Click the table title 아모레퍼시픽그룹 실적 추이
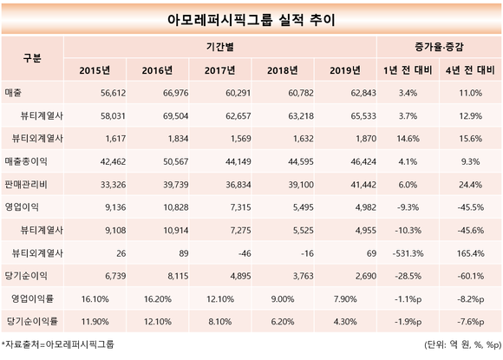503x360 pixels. click(251, 20)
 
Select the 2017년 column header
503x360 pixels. click(219, 70)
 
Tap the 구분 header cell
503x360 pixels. click(32, 58)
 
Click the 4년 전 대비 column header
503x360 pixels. click(470, 70)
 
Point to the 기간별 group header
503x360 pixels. click(219, 47)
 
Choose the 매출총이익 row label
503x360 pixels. click(26, 161)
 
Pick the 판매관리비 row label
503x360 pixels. click(26, 185)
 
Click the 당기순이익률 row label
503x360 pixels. click(32, 321)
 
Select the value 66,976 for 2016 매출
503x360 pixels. click(175, 93)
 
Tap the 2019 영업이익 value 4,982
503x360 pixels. click(365, 207)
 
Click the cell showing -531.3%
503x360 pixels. click(408, 253)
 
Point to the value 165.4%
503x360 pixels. click(470, 253)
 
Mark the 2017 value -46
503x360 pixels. click(245, 253)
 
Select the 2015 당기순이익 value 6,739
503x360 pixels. click(115, 276)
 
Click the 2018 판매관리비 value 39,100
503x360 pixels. click(301, 185)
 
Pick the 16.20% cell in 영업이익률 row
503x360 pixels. click(158, 299)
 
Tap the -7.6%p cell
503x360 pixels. click(471, 322)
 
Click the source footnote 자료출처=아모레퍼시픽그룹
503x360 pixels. click(58, 344)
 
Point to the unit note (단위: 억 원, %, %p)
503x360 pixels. click(462, 345)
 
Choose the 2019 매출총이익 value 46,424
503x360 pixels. click(363, 161)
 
